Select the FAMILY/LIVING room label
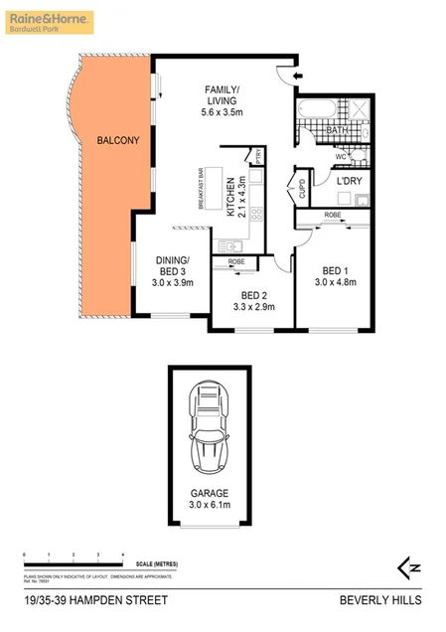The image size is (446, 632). [x=223, y=93]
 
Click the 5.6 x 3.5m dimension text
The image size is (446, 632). [x=223, y=114]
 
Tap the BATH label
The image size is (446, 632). [x=337, y=129]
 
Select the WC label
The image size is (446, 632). [x=340, y=156]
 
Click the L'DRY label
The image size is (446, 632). [x=349, y=181]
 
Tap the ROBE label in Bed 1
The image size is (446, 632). [x=332, y=215]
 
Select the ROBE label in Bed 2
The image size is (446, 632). [x=236, y=261]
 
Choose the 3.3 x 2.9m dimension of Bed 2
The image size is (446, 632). [x=252, y=307]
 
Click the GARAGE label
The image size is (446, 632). [x=210, y=494]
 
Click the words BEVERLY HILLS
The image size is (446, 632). [x=380, y=600]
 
